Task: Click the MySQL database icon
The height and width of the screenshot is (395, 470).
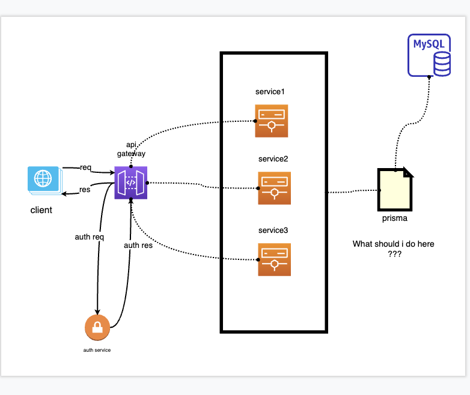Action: [429, 55]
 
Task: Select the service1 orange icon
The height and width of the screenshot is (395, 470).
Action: [271, 121]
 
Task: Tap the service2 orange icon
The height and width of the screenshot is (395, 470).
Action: [274, 188]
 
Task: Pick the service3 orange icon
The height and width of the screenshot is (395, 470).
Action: [274, 259]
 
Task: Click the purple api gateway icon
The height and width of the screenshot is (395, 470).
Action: [130, 182]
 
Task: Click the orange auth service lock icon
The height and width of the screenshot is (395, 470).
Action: [97, 328]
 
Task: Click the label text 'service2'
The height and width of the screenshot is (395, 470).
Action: [273, 159]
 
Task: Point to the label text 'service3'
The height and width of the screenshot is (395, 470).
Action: [273, 231]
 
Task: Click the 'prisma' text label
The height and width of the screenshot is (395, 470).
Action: [394, 218]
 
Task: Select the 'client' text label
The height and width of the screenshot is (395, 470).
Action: [41, 210]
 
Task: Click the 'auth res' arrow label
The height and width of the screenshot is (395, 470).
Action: [138, 245]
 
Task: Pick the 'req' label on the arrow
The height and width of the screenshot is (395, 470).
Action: [85, 167]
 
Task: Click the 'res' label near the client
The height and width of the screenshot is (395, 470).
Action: [85, 190]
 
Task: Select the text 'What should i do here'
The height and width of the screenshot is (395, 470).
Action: [393, 244]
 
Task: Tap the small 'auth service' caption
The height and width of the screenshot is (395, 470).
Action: [97, 350]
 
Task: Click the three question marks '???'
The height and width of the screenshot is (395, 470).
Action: [394, 254]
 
